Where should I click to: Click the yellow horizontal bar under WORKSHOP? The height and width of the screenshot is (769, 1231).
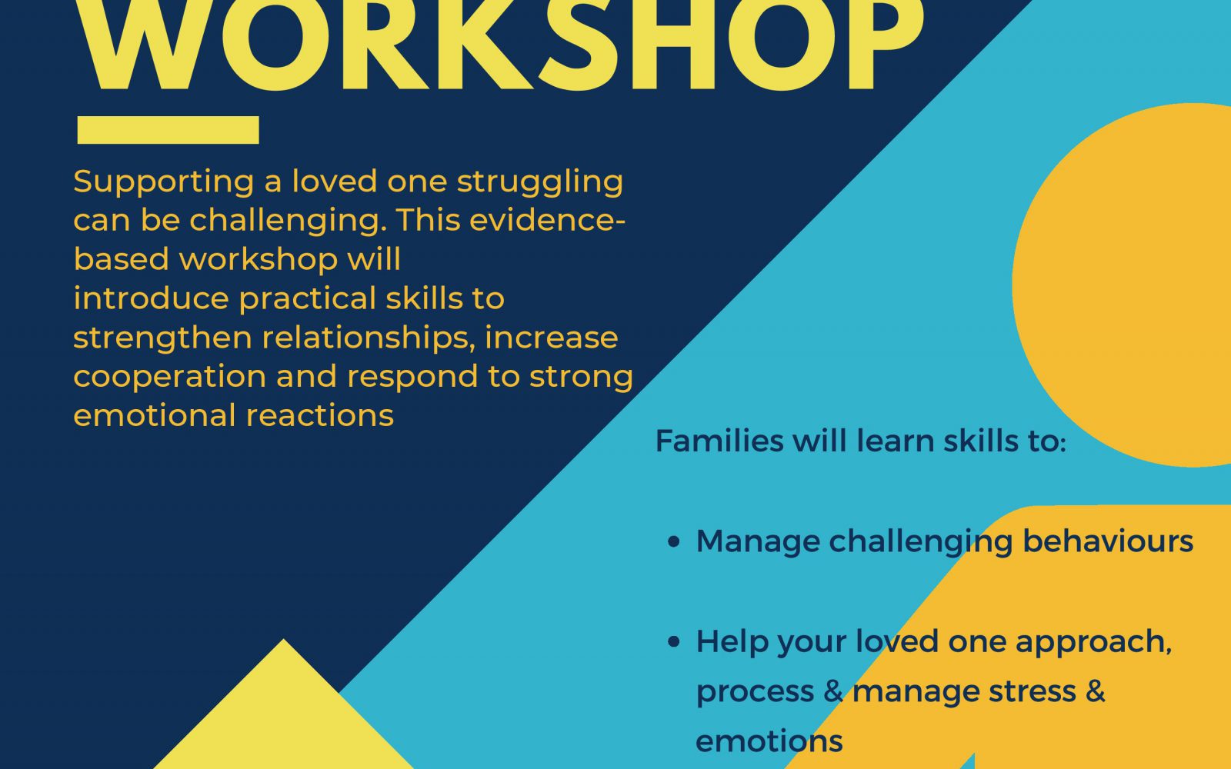coord(168,130)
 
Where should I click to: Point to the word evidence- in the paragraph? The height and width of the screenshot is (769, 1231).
coord(547,220)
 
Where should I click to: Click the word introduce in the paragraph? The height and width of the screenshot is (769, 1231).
coord(151,299)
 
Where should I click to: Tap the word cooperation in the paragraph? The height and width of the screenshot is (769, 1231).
coord(170,378)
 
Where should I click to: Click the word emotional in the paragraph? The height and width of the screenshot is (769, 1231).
coord(155,416)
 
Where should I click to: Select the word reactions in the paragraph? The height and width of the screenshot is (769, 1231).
coord(320,416)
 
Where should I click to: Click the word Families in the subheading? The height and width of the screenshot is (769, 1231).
coord(719,441)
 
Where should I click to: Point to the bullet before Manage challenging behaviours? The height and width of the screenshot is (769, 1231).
coord(674,541)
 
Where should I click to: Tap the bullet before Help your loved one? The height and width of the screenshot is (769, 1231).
coord(674,642)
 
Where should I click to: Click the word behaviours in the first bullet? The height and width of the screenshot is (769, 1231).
coord(1108,541)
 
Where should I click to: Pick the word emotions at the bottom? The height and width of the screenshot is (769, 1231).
coord(769,741)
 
